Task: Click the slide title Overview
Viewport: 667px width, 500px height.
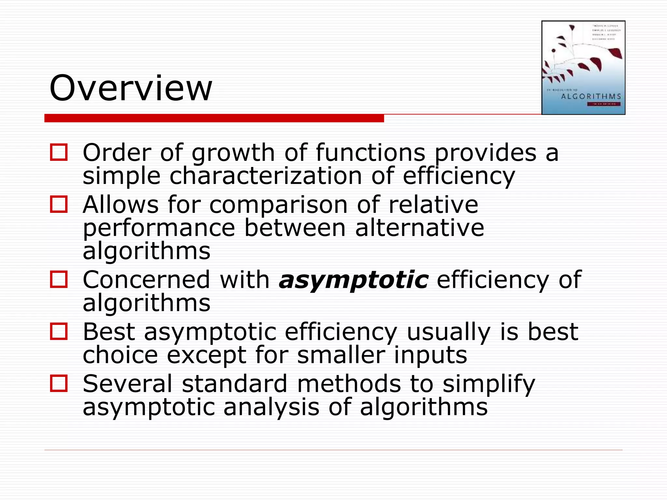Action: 131,88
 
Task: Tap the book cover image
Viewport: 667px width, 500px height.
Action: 583,67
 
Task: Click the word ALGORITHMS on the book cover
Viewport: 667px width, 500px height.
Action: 591,96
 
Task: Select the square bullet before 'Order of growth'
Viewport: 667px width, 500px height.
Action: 59,152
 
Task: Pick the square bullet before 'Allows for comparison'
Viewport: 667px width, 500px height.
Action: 59,204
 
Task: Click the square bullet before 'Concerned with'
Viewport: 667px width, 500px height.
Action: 59,279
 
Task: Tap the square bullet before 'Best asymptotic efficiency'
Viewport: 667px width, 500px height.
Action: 59,331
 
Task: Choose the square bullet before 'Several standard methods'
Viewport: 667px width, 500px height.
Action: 59,383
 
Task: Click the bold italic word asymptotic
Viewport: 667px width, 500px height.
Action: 354,280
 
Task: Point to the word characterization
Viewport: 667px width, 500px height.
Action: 265,176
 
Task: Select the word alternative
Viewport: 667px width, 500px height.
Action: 419,228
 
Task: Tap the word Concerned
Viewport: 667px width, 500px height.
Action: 146,280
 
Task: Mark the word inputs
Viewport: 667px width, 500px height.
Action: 431,355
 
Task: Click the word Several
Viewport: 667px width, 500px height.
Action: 127,384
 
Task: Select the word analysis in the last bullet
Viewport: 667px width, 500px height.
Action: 271,408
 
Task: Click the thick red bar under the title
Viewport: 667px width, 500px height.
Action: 214,118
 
